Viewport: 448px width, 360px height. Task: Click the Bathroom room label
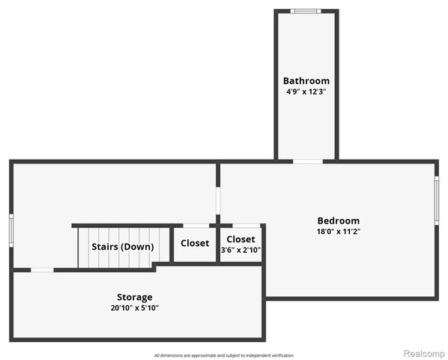point(306,81)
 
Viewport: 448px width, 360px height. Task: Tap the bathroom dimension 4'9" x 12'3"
point(306,91)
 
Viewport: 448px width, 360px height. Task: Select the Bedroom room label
point(339,220)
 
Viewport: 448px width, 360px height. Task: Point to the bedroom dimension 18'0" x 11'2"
point(339,231)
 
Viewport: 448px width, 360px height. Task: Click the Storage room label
point(135,298)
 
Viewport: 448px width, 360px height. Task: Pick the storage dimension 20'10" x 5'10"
point(135,308)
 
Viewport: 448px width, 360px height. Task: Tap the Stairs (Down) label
point(123,247)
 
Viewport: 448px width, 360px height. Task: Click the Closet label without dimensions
point(195,243)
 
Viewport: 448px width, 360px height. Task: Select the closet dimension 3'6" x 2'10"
point(241,250)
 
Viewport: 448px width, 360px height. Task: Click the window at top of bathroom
point(306,11)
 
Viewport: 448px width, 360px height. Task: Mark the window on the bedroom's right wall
point(437,200)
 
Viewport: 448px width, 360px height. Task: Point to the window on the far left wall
point(11,230)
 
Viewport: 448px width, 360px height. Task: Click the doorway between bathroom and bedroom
point(308,161)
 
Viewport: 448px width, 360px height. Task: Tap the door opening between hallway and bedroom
point(218,201)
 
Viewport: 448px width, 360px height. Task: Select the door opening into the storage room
point(42,270)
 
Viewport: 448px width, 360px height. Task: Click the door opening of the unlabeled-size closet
point(196,226)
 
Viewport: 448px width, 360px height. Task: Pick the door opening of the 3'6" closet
point(246,226)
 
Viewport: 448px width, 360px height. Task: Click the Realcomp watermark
point(425,353)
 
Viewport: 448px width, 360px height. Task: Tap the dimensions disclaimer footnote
point(224,355)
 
